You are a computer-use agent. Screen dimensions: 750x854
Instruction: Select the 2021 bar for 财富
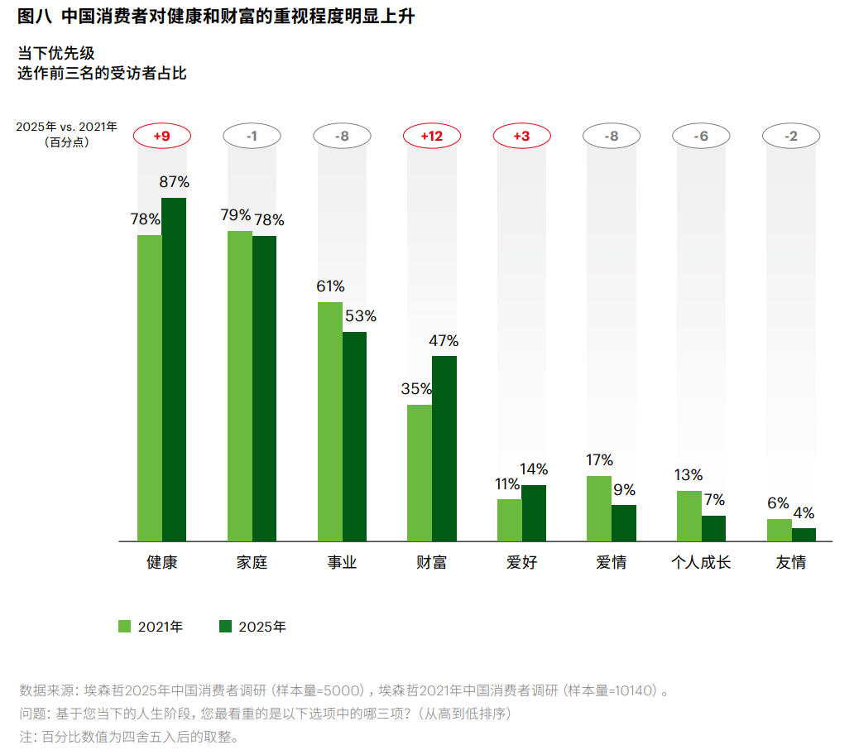[x=420, y=473]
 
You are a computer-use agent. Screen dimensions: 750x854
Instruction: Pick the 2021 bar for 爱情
[x=599, y=508]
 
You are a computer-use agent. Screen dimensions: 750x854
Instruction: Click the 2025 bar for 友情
[x=804, y=535]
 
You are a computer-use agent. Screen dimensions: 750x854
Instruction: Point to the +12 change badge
[x=431, y=136]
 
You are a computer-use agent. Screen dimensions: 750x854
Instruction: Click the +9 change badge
[x=162, y=136]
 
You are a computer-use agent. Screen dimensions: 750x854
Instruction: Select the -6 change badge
[x=701, y=136]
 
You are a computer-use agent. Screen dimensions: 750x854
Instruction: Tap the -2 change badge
[x=791, y=136]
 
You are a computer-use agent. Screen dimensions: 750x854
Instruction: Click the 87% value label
[x=175, y=182]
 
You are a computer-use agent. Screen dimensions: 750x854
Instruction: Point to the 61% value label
[x=330, y=286]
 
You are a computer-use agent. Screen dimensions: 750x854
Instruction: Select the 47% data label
[x=444, y=341]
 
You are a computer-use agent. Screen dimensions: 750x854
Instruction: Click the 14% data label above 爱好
[x=534, y=469]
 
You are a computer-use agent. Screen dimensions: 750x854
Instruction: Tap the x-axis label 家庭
[x=252, y=563]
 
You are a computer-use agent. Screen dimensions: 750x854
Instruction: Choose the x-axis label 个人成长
[x=701, y=563]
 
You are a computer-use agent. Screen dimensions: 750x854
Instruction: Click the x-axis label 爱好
[x=521, y=563]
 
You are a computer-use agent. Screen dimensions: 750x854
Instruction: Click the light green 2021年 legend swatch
[x=126, y=627]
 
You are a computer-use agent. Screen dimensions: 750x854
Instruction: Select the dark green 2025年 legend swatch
[x=226, y=627]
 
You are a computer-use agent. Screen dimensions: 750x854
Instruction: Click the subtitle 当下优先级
[x=56, y=54]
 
